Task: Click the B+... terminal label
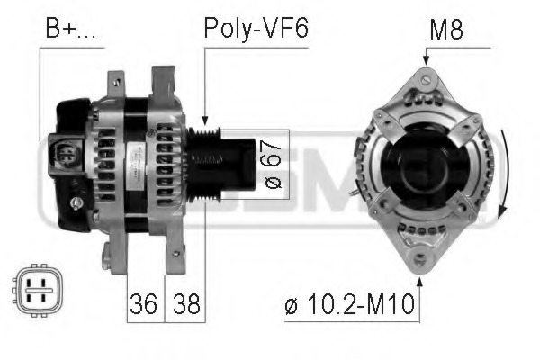pyautogui.click(x=69, y=29)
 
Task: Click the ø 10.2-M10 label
pyautogui.click(x=352, y=304)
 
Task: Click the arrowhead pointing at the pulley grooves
pyautogui.click(x=205, y=122)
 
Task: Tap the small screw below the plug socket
pyautogui.click(x=77, y=203)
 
